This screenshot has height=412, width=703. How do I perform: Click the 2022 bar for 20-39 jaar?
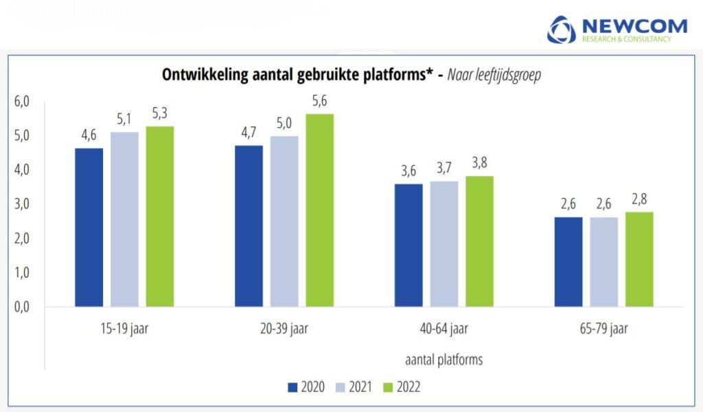click(x=319, y=210)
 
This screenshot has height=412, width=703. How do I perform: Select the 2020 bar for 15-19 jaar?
click(x=89, y=227)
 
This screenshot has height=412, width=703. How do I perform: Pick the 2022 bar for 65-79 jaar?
click(x=638, y=259)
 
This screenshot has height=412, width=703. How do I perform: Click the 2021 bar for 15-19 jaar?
click(x=124, y=219)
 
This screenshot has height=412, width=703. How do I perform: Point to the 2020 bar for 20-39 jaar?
click(x=249, y=226)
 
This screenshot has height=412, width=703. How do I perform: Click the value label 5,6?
click(x=319, y=100)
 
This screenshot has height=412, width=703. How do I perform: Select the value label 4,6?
click(x=89, y=135)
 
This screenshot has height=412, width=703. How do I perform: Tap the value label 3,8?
click(x=479, y=163)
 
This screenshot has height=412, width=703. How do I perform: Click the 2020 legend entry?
click(x=306, y=387)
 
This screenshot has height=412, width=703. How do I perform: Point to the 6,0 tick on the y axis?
click(x=23, y=102)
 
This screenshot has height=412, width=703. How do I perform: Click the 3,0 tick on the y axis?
click(x=23, y=204)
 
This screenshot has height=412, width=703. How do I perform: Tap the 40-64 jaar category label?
click(x=444, y=329)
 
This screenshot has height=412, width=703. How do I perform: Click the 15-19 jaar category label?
click(x=124, y=329)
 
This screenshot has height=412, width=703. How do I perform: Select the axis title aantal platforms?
click(x=444, y=359)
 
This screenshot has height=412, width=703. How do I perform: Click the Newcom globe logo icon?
click(x=562, y=30)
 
